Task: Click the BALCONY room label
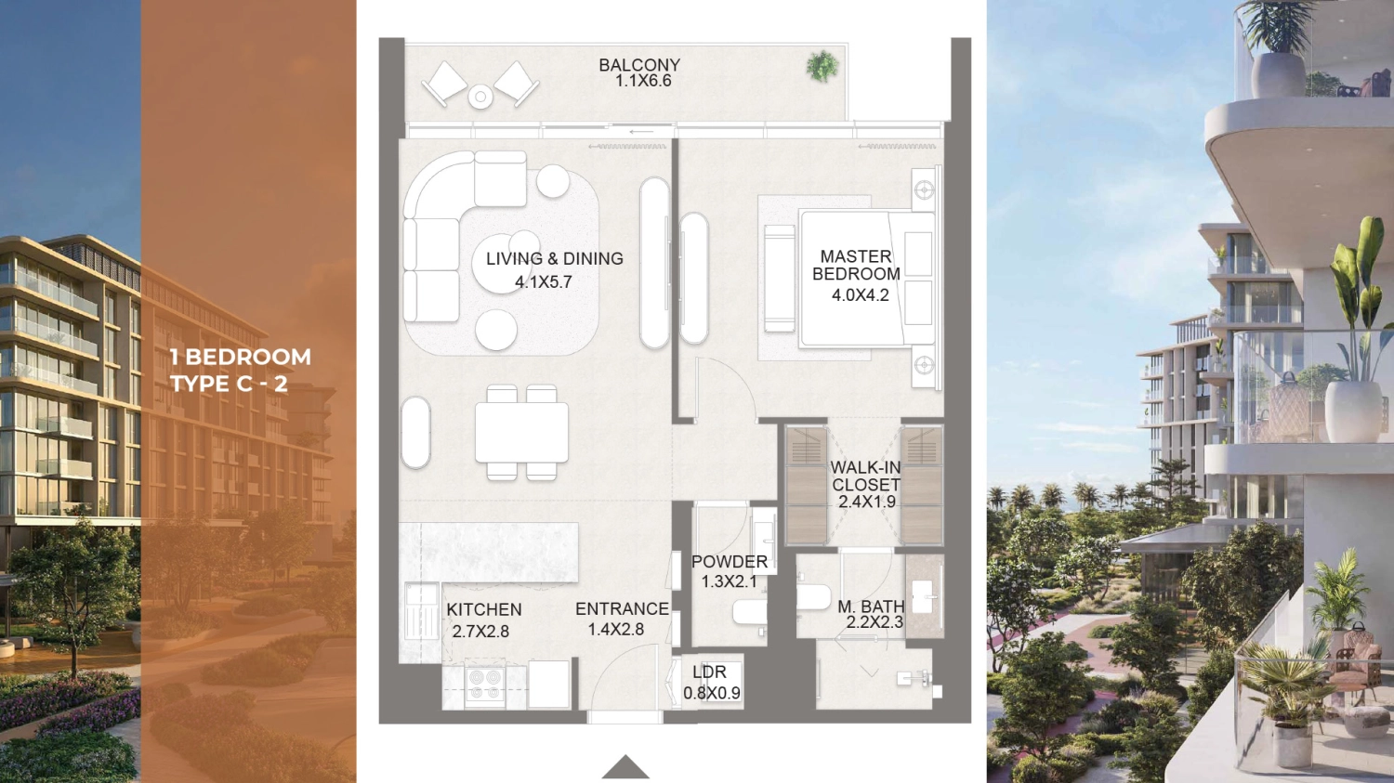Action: [639, 65]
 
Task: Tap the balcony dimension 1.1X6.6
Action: [643, 81]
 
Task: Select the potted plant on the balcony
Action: [822, 66]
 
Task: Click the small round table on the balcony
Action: [480, 97]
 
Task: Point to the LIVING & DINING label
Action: [555, 259]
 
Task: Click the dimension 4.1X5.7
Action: [543, 282]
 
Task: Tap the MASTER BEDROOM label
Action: [856, 265]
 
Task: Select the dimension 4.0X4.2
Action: [860, 295]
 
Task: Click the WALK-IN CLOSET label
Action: [865, 476]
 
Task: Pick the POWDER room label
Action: [729, 562]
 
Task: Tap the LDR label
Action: [709, 672]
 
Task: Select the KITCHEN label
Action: [484, 610]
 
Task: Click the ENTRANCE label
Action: [622, 609]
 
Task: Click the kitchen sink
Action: [421, 612]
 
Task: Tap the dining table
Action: [521, 432]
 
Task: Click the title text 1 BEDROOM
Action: [240, 357]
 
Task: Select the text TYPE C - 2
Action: [229, 384]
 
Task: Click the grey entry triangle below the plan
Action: [625, 768]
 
